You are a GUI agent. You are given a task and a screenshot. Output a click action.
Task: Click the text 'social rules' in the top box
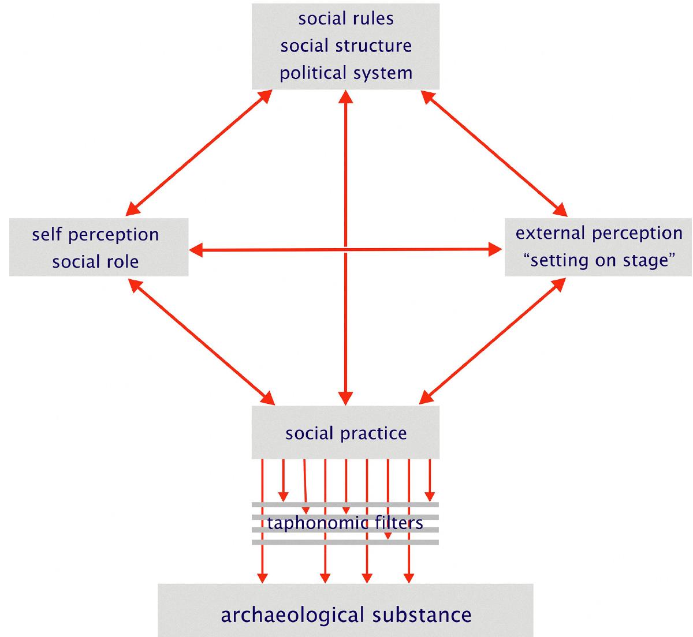click(x=346, y=18)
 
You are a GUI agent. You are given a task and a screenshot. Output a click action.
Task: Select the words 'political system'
click(x=346, y=73)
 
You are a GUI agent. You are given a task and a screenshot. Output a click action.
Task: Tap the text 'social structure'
click(x=346, y=46)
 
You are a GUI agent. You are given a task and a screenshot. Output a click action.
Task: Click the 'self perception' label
click(x=95, y=234)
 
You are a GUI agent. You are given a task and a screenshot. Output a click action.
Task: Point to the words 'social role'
click(x=95, y=261)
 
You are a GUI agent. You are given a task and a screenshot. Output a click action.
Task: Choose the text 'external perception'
click(x=599, y=233)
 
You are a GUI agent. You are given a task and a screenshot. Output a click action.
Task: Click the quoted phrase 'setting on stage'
click(x=599, y=260)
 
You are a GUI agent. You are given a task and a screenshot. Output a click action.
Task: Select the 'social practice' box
click(x=345, y=433)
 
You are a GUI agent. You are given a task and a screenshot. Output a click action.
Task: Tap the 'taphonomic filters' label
click(x=345, y=523)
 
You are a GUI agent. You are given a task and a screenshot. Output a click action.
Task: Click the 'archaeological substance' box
click(x=345, y=614)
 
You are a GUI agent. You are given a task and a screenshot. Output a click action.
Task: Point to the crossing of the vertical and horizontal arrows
click(x=345, y=250)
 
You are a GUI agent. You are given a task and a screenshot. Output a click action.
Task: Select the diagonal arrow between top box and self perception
click(x=199, y=151)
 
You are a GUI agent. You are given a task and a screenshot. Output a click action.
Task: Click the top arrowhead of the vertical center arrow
click(x=345, y=96)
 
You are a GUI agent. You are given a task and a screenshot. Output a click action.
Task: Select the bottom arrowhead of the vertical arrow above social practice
click(x=345, y=398)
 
